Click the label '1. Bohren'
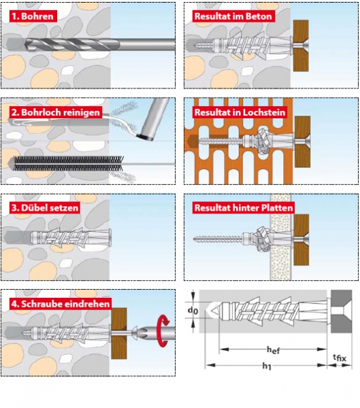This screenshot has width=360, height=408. click(x=33, y=16)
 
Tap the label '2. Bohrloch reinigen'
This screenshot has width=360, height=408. click(x=56, y=112)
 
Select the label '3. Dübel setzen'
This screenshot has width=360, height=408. click(x=45, y=208)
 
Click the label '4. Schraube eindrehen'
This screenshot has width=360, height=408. click(x=61, y=304)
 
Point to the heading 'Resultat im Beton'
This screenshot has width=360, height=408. click(x=233, y=16)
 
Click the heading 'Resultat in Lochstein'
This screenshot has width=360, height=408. click(x=240, y=112)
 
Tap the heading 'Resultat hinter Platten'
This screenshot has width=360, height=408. click(x=244, y=208)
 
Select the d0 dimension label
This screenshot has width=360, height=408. click(x=193, y=310)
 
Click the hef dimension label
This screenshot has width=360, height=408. click(x=273, y=350)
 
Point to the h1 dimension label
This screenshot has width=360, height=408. click(x=267, y=366)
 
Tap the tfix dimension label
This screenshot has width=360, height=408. click(x=340, y=358)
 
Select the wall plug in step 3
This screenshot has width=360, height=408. click(x=71, y=237)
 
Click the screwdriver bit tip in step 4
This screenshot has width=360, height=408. click(x=136, y=333)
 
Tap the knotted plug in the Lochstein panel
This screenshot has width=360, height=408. click(x=263, y=141)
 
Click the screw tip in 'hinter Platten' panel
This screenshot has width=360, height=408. click(x=195, y=239)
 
